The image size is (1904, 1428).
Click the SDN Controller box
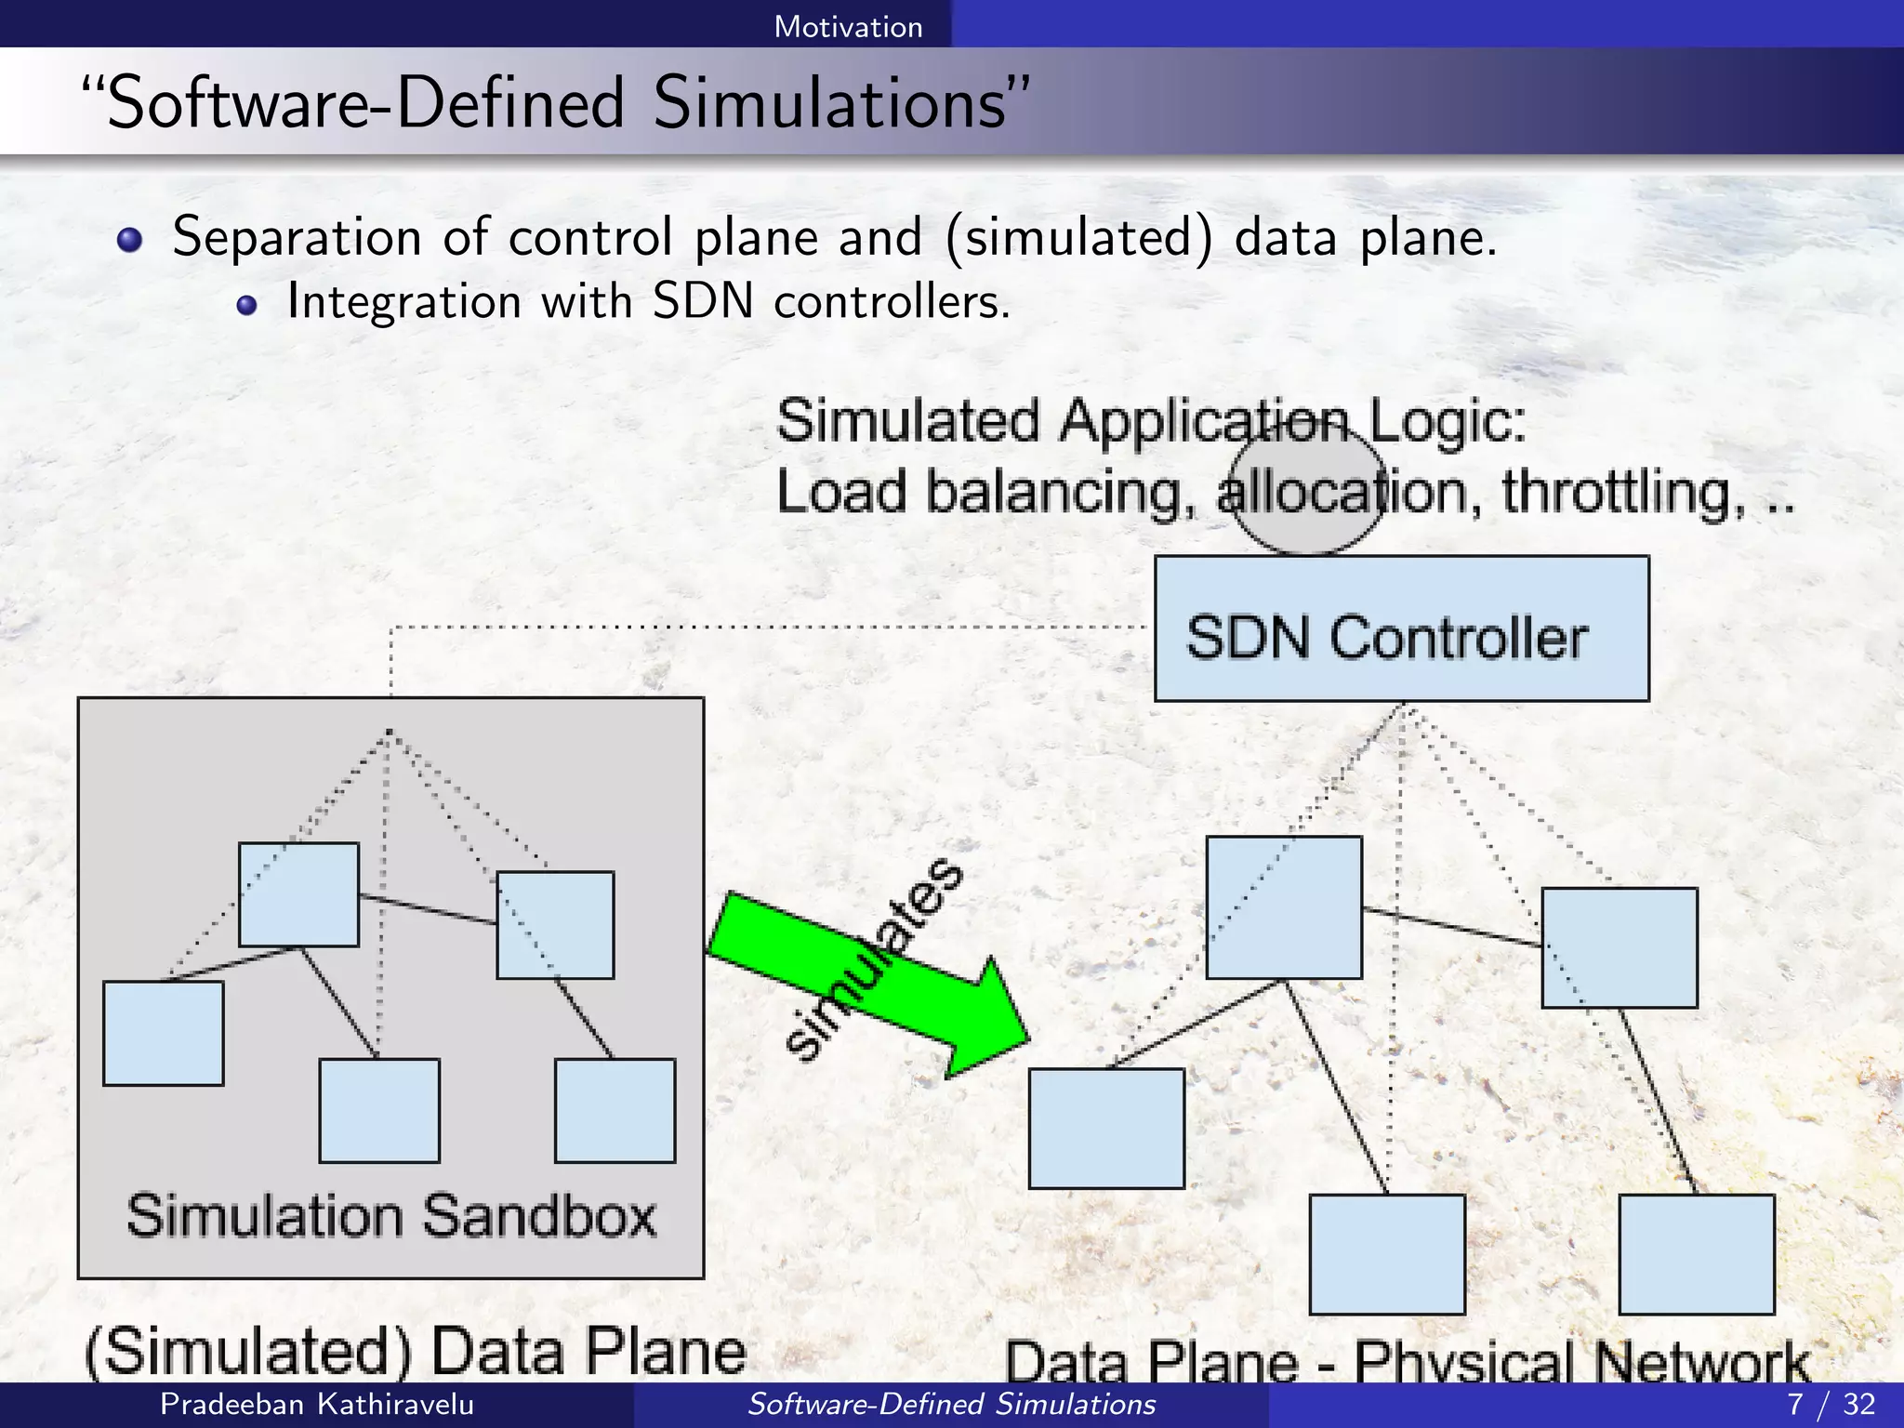tap(1401, 628)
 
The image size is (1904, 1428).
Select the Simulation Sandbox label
tap(391, 1215)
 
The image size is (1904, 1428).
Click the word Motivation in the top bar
tap(848, 26)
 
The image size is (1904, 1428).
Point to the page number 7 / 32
tap(1831, 1404)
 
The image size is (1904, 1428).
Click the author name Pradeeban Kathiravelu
tap(317, 1404)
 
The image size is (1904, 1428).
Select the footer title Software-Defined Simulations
tap(951, 1404)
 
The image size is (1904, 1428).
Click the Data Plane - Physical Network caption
tap(1407, 1361)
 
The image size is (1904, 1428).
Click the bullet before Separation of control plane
tap(130, 241)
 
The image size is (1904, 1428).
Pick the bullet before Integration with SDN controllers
tap(246, 305)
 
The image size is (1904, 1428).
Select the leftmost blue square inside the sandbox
tap(163, 1033)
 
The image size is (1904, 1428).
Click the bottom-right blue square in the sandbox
tap(615, 1110)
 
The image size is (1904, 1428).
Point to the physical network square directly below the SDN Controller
tap(1284, 907)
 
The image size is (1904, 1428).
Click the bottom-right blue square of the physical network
tap(1696, 1253)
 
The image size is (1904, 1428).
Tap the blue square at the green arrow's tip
tap(1106, 1128)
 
